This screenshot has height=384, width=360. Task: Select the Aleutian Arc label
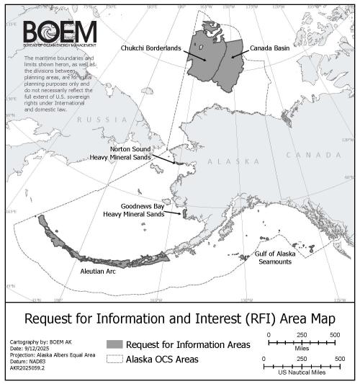(99, 273)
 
